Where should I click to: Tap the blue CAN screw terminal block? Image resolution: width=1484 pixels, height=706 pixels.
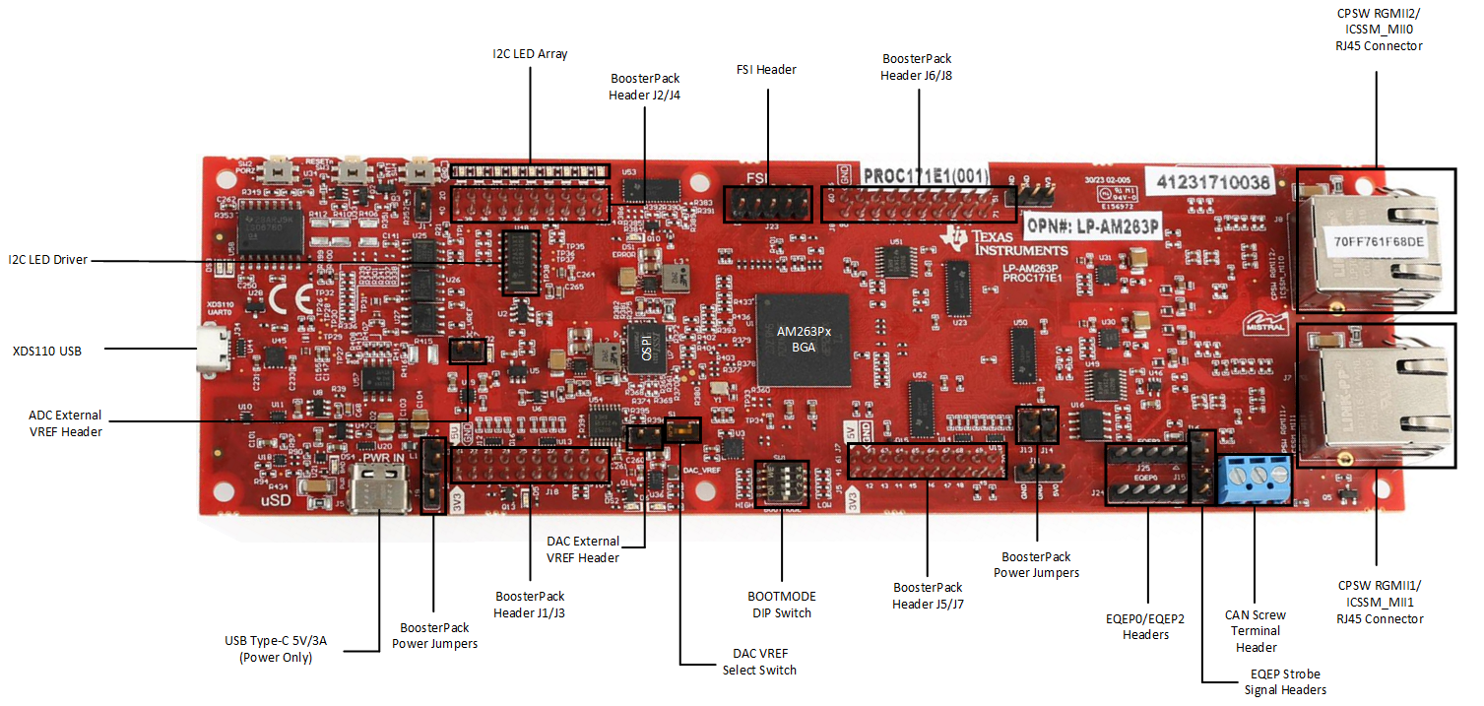1255,480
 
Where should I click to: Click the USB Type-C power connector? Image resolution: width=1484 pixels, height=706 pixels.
379,489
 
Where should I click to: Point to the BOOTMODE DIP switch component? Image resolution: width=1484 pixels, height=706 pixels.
781,483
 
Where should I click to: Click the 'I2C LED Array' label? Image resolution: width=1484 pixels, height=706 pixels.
530,54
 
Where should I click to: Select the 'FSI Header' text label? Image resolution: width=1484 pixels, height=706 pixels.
766,70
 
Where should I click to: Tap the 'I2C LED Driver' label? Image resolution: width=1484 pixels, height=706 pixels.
48,260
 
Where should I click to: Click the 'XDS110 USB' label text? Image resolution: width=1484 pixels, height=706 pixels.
46,350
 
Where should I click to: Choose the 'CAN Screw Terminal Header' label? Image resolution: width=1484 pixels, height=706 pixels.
1255,630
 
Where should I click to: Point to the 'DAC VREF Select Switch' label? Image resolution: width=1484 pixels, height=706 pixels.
758,662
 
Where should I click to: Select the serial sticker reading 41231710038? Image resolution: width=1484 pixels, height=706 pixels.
1208,181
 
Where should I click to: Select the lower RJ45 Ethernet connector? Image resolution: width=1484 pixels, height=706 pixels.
1376,395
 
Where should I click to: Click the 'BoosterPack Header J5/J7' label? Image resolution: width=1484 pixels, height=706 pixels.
928,596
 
